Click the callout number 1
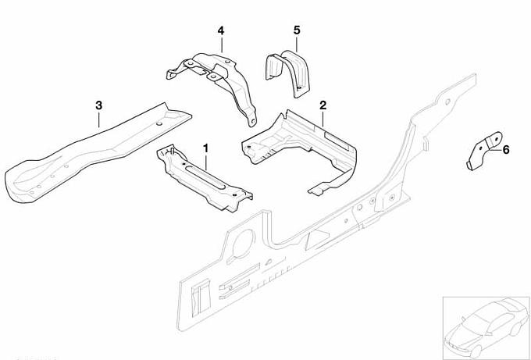click(205, 148)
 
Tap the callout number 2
click(323, 105)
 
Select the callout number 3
click(98, 105)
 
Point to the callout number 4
click(221, 31)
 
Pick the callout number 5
click(297, 30)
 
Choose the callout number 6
click(505, 150)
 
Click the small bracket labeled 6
click(484, 151)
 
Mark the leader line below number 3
click(98, 119)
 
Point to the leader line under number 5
click(297, 45)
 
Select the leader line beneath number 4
click(222, 45)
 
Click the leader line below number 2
click(323, 119)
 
